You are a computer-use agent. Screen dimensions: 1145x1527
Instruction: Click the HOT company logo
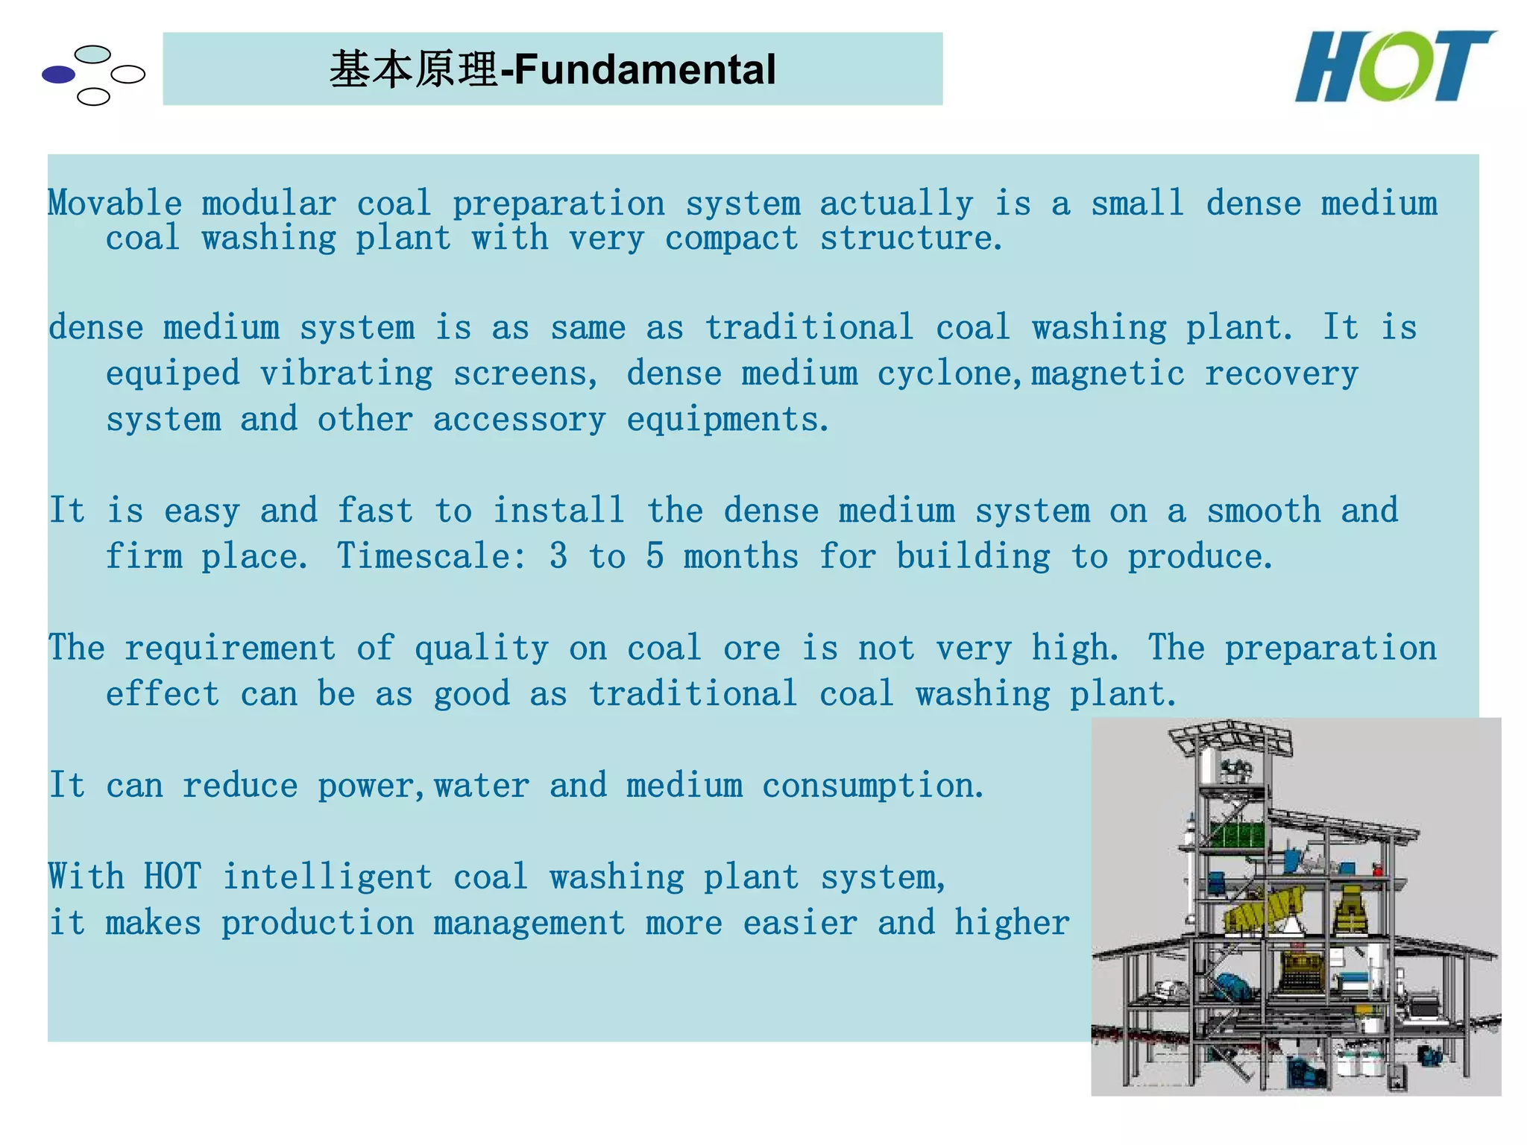tap(1394, 67)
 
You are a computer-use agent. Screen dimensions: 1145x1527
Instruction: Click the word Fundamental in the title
tap(645, 69)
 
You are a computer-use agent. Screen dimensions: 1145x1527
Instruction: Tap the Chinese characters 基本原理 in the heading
tap(413, 69)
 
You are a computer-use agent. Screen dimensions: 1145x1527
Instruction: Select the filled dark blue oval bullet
tap(59, 75)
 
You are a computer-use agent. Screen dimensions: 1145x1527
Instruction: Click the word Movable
tap(115, 204)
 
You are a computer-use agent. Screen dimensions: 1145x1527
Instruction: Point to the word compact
tap(731, 239)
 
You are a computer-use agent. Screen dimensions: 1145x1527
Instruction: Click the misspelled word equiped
tap(172, 373)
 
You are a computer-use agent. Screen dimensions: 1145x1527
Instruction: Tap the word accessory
tap(519, 420)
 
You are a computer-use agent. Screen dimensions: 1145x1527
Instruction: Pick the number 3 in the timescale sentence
tap(558, 556)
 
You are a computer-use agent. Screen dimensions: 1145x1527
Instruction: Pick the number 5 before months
tap(655, 556)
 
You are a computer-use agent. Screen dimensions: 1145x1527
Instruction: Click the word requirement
tap(230, 648)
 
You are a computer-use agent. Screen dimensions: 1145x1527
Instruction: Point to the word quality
tap(481, 648)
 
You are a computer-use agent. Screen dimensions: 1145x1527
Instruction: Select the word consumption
tap(872, 786)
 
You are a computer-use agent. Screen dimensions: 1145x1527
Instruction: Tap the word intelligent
tap(327, 877)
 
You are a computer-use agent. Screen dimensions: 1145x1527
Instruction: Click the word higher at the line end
tap(1012, 923)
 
